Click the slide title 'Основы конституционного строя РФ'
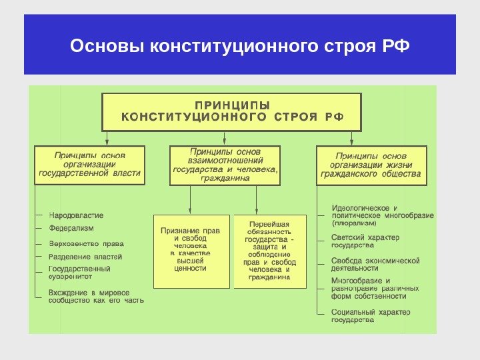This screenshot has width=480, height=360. point(239,47)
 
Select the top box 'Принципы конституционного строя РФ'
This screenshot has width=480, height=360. point(231,111)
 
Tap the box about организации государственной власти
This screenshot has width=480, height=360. point(89,165)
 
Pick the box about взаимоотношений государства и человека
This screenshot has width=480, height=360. point(226,165)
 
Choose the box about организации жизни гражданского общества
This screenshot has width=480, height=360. point(371,165)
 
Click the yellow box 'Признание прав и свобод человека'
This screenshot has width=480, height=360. point(191,251)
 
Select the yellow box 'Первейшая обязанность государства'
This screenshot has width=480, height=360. point(270,251)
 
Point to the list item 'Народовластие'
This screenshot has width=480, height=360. point(77,215)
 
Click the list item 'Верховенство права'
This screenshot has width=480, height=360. point(87,243)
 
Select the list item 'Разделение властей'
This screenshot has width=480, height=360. point(85,256)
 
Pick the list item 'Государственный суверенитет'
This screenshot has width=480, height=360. point(80,273)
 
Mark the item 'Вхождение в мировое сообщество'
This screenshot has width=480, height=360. point(96,296)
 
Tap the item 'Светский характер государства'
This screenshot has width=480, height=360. point(365,241)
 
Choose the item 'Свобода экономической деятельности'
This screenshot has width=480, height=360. point(375,264)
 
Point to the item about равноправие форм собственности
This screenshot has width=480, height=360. point(375,289)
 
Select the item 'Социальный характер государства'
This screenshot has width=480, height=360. point(371,315)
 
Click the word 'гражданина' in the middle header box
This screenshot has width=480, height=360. point(226,178)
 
